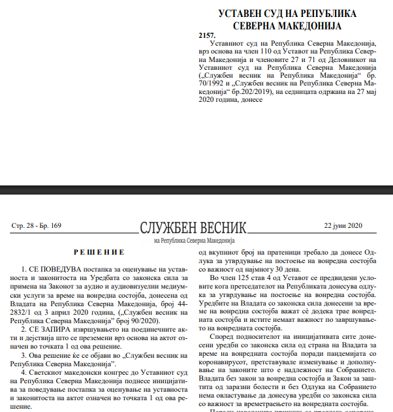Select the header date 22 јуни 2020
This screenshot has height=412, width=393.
(343, 226)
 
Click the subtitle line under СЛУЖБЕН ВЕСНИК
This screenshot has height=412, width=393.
(194, 240)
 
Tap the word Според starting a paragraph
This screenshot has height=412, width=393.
(223, 337)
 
